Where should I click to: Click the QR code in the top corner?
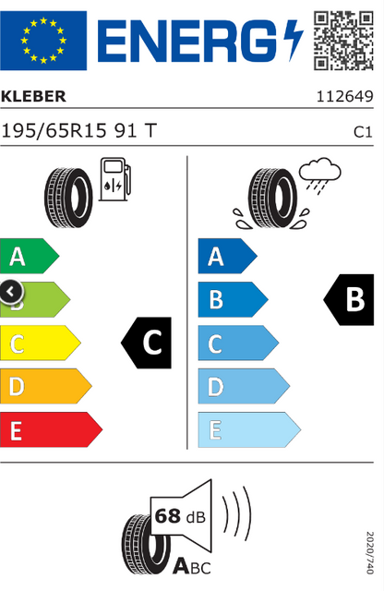click(343, 41)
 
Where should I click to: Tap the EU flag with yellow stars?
click(43, 41)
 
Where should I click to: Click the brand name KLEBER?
click(33, 96)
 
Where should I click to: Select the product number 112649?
click(344, 96)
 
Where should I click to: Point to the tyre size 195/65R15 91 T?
click(78, 131)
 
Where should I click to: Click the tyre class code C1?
click(363, 132)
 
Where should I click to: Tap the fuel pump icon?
click(115, 179)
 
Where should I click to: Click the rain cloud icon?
click(320, 175)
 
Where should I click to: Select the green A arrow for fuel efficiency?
click(30, 256)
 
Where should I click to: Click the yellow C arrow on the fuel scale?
click(41, 343)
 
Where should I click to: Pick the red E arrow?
click(52, 429)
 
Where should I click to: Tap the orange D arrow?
click(46, 386)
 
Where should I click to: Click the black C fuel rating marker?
click(146, 343)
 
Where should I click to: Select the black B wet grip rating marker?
click(349, 299)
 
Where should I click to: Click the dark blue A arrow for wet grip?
click(228, 256)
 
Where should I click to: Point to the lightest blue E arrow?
click(249, 429)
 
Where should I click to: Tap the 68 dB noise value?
click(180, 516)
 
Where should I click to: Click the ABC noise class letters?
click(192, 567)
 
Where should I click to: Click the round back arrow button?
click(10, 292)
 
